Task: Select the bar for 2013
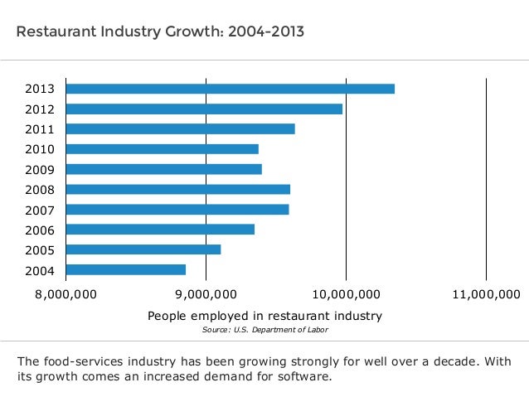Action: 230,89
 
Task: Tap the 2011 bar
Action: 180,128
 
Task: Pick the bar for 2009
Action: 163,169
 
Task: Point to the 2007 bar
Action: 177,209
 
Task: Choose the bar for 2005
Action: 143,249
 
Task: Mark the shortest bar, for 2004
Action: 125,269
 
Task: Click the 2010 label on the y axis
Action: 40,149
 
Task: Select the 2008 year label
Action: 40,189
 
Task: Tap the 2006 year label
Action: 40,230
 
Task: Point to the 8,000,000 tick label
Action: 66,294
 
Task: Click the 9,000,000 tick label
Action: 206,294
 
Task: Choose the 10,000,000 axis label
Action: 346,294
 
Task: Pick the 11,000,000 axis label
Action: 486,294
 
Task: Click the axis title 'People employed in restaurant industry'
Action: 264,316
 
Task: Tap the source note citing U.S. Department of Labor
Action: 264,330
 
